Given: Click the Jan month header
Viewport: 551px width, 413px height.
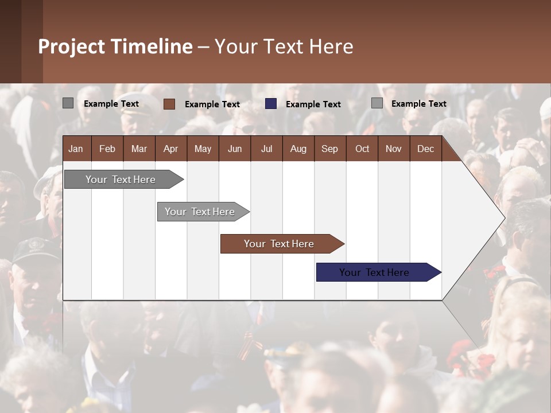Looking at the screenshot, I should tap(76, 149).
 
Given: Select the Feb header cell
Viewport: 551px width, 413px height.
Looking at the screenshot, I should tap(107, 149).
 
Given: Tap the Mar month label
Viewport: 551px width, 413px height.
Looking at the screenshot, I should tap(139, 149).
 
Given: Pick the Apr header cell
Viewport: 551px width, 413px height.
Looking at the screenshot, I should tap(171, 149).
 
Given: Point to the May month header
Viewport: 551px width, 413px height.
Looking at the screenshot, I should tap(203, 149).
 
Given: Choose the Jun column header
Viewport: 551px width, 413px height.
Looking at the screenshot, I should tap(235, 149).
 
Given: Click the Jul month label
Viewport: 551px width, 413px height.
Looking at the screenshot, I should tap(266, 149).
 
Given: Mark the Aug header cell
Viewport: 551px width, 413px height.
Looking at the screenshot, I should tap(298, 149).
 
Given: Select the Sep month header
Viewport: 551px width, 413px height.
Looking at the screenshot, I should tap(330, 149).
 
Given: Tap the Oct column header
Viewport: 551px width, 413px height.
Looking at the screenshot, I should tap(362, 149).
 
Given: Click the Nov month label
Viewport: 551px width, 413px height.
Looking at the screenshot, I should tap(394, 149).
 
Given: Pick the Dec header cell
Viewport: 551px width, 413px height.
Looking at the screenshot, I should tap(426, 149).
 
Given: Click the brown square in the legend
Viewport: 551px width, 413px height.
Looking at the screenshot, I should tap(169, 104).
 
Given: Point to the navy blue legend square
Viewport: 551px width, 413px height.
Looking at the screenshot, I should tap(271, 104).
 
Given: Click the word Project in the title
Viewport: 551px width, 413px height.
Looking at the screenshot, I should tap(72, 46).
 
